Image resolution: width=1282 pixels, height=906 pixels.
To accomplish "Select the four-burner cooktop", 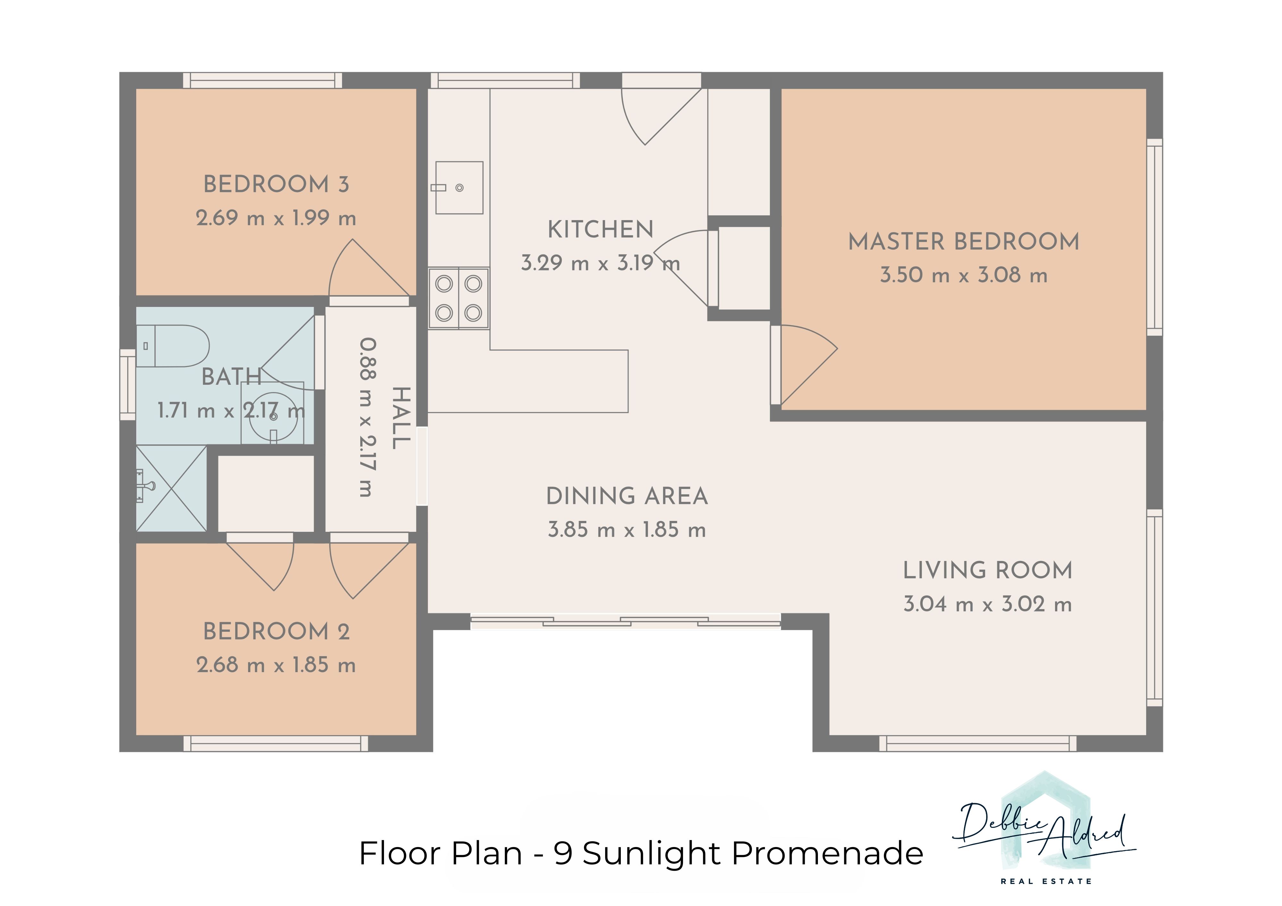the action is [458, 298].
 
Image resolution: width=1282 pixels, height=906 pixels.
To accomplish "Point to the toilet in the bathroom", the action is [172, 346].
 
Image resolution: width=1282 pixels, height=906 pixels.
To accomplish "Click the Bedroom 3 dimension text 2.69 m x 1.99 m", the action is [276, 218].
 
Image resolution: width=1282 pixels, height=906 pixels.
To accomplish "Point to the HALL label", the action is [401, 418].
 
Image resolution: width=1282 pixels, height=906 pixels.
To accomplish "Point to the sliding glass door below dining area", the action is [625, 621].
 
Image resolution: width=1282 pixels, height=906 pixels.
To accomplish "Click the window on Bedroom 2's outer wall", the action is [276, 744].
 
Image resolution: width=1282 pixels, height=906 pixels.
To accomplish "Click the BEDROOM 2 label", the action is [276, 632].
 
